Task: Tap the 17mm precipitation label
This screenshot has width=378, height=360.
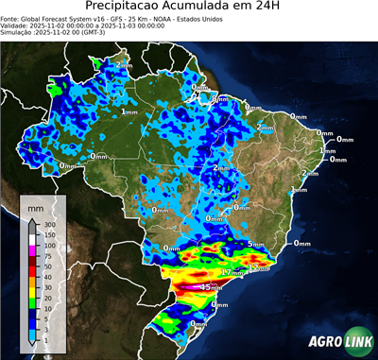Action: [x=225, y=272]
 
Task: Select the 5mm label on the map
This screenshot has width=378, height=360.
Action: [x=255, y=244]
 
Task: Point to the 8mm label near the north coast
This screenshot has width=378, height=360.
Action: [x=219, y=98]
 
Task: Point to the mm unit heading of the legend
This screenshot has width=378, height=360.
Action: [x=36, y=206]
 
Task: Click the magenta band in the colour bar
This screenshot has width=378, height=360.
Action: [x=32, y=251]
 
